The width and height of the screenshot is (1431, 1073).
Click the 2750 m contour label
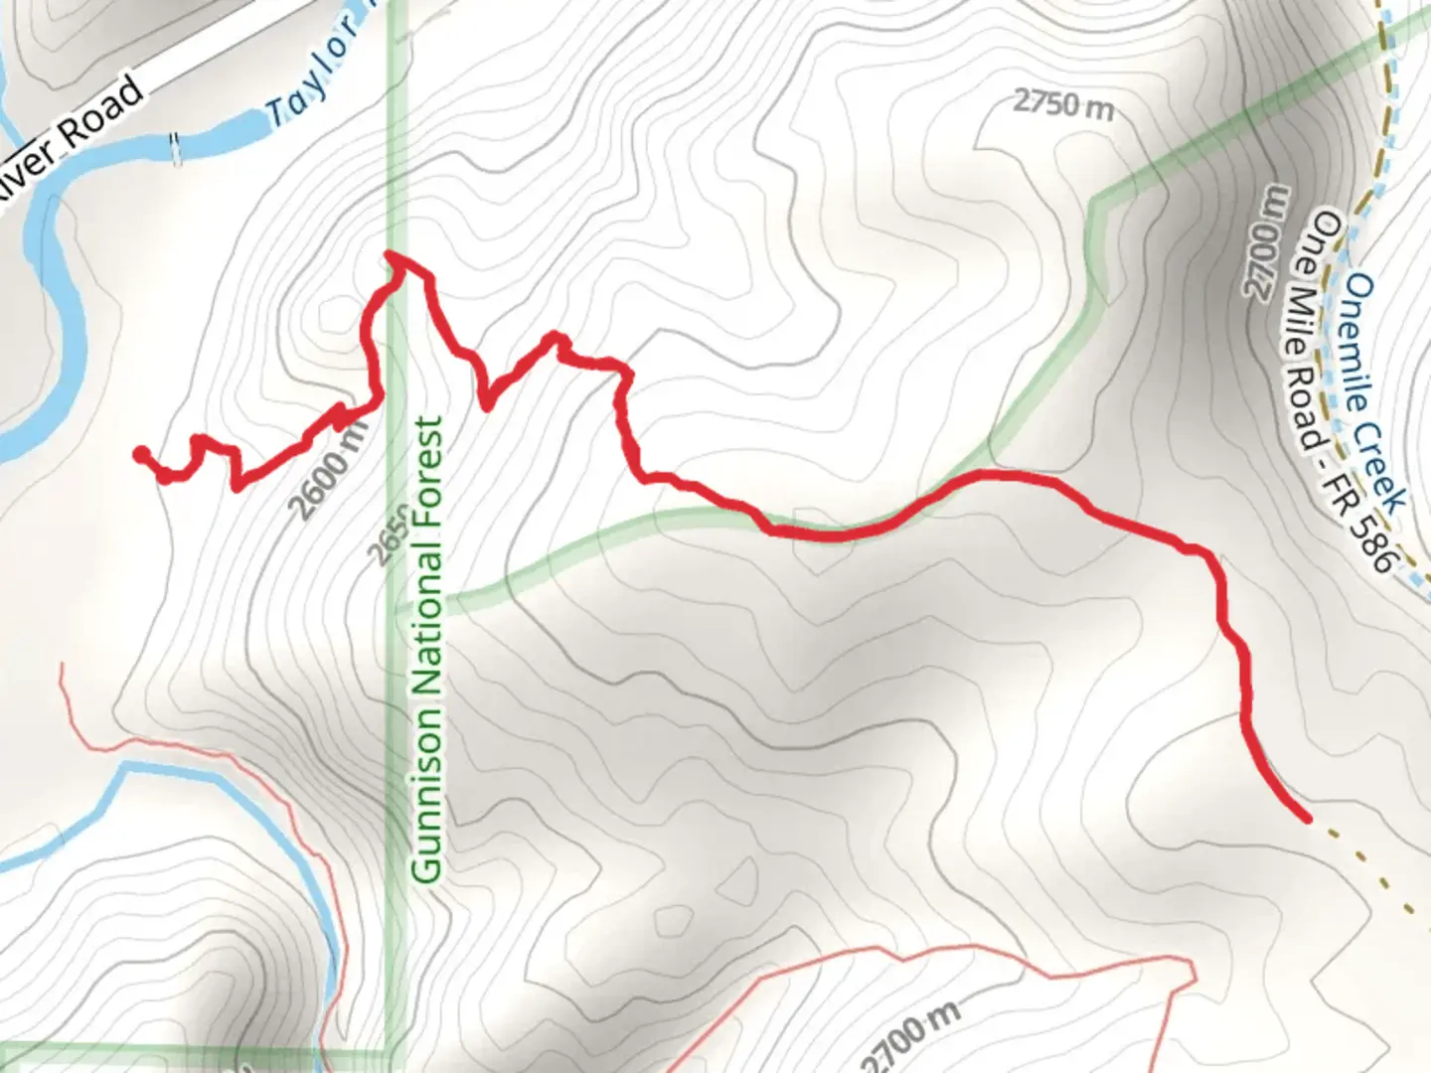[1062, 103]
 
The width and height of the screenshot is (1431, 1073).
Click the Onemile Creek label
[1374, 393]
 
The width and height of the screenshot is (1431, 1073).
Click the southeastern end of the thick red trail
[1304, 817]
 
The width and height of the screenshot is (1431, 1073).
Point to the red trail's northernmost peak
[394, 257]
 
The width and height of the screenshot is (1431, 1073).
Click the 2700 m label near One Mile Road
[1265, 241]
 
